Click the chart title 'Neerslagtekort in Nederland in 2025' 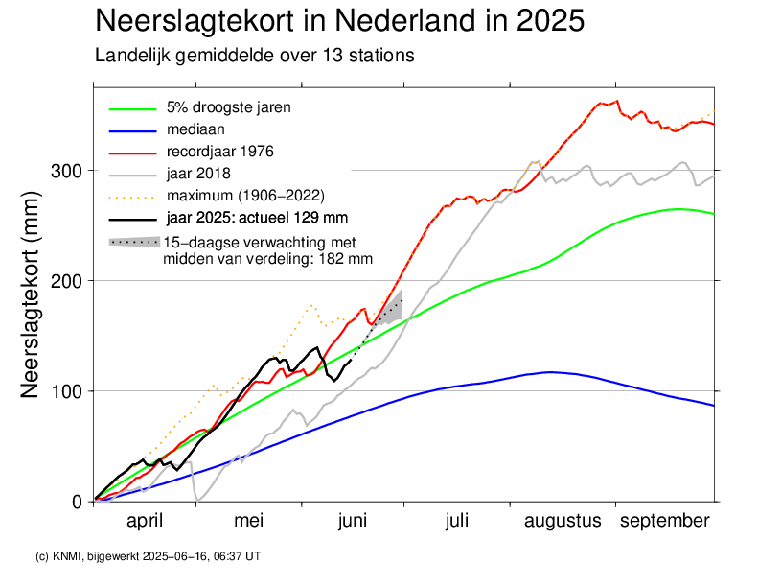(x=340, y=21)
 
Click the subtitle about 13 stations (x=254, y=55)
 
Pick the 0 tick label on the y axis (x=77, y=502)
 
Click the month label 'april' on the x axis (x=145, y=521)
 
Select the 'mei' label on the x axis (x=249, y=521)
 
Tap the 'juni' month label (x=353, y=521)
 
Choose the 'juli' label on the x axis (x=456, y=521)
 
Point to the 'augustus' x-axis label (x=563, y=521)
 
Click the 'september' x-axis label (x=664, y=521)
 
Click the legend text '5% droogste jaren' (x=229, y=106)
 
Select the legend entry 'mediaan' (x=195, y=129)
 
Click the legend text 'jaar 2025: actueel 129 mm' (x=257, y=218)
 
